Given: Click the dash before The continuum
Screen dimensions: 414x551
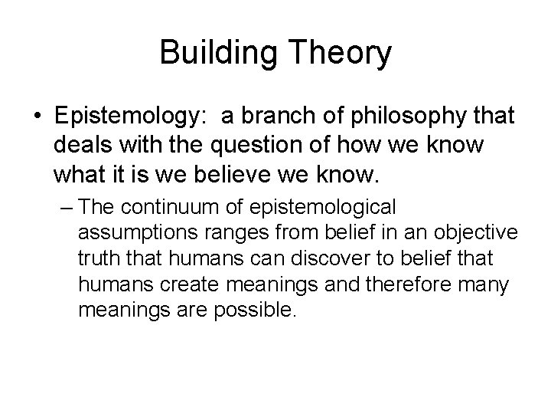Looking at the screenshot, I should [66, 207].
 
